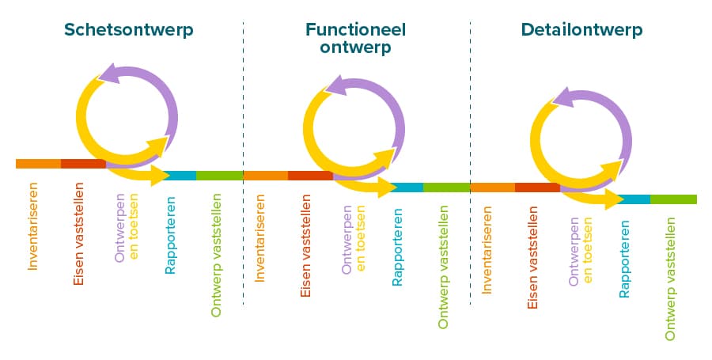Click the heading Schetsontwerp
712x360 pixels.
tap(128, 30)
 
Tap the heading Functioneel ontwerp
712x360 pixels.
tap(355, 38)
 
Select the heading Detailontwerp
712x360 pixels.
tap(581, 30)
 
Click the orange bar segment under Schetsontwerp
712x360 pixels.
tap(38, 164)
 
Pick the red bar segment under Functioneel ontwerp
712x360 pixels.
tap(310, 176)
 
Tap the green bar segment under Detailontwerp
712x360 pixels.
tap(673, 199)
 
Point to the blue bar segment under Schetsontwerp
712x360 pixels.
tap(181, 176)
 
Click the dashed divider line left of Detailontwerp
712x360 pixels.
tap(470, 158)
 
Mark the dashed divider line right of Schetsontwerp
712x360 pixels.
tap(243, 158)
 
